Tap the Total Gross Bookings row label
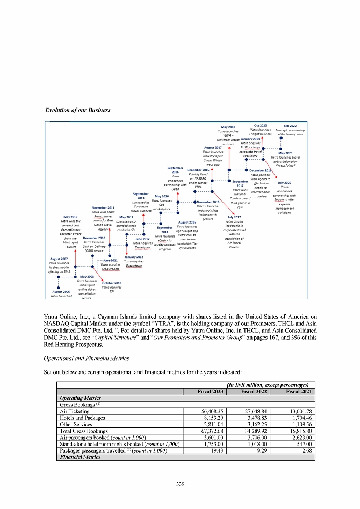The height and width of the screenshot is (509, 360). [83, 431]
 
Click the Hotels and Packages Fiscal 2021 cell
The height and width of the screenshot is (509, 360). [299, 417]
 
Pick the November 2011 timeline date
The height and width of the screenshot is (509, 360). [103, 207]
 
